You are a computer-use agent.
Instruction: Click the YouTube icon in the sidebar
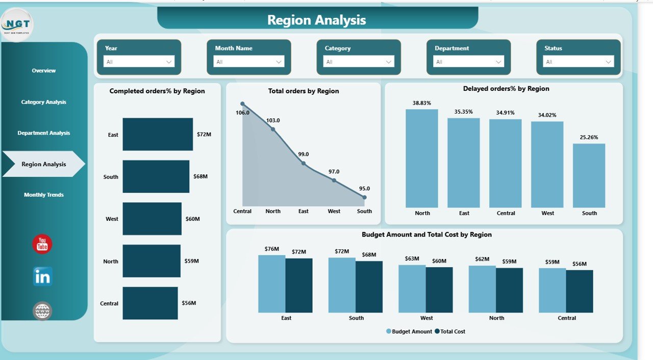click(x=42, y=244)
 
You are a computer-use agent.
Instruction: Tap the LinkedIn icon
click(x=42, y=276)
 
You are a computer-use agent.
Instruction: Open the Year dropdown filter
click(x=139, y=62)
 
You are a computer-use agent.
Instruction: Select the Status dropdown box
click(x=578, y=62)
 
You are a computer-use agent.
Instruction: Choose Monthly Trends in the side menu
click(x=44, y=195)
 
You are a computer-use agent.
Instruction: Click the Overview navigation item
click(x=44, y=70)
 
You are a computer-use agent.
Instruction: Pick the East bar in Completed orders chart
click(x=158, y=135)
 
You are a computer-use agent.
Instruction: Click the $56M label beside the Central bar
click(x=189, y=303)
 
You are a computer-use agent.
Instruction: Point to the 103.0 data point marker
click(x=273, y=130)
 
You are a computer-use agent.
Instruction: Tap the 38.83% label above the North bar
click(x=422, y=102)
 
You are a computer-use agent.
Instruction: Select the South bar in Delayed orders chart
click(x=589, y=175)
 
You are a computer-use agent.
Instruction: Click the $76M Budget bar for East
click(x=271, y=284)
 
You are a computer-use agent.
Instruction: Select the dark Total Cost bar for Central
click(x=580, y=291)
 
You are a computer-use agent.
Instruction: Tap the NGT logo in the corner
click(x=17, y=24)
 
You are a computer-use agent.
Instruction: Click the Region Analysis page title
click(x=317, y=20)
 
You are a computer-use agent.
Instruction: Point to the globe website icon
click(x=42, y=311)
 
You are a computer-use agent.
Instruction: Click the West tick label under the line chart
click(x=334, y=211)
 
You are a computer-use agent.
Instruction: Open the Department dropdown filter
click(x=468, y=62)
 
